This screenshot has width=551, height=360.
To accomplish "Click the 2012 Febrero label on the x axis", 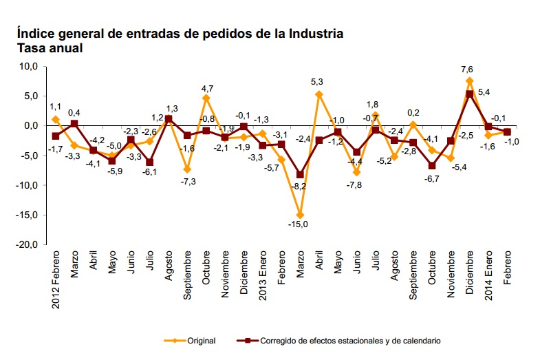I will [56, 282].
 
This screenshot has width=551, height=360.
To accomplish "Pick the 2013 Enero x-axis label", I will [263, 282].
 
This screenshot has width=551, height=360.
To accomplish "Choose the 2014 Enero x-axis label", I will [488, 282].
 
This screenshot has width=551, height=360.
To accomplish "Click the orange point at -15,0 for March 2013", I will [301, 215].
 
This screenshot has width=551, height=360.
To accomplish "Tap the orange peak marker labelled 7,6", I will [470, 81].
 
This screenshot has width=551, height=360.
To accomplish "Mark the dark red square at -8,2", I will [301, 175].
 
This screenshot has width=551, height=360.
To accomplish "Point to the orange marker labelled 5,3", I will [319, 94].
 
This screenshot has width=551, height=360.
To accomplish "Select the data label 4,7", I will [207, 88].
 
